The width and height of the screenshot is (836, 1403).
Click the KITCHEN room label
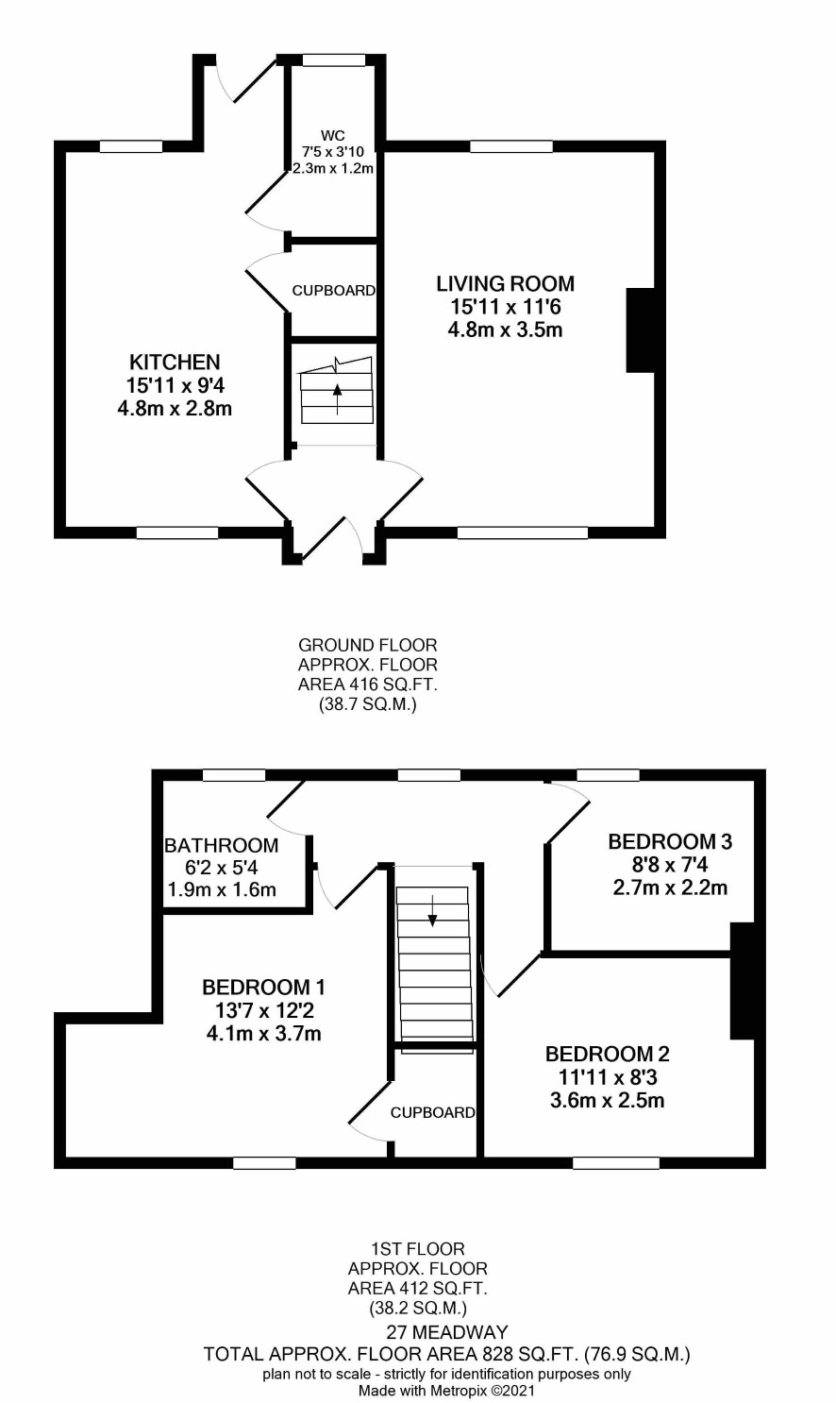click(175, 362)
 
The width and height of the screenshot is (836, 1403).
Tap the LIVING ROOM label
click(505, 284)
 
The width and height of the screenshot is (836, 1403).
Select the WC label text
click(333, 135)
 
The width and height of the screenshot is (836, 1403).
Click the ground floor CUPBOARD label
click(333, 291)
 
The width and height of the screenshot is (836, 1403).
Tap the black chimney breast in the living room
click(641, 330)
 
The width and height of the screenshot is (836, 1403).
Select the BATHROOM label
click(221, 846)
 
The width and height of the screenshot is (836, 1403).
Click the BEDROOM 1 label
click(263, 988)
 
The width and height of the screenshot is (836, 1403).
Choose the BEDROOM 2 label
click(607, 1054)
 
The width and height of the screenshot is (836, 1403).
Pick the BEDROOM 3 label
click(670, 841)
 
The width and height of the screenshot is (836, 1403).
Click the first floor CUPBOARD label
click(432, 1112)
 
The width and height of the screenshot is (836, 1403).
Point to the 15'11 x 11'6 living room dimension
click(505, 307)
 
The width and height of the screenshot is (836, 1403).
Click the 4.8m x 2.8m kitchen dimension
click(175, 409)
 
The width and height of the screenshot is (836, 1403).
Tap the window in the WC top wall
click(333, 60)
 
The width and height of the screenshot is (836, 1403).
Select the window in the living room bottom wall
click(523, 532)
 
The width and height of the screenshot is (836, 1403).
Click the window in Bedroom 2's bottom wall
click(616, 1162)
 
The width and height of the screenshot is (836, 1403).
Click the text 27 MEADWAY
click(447, 1332)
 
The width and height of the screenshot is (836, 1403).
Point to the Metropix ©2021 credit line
click(447, 1391)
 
